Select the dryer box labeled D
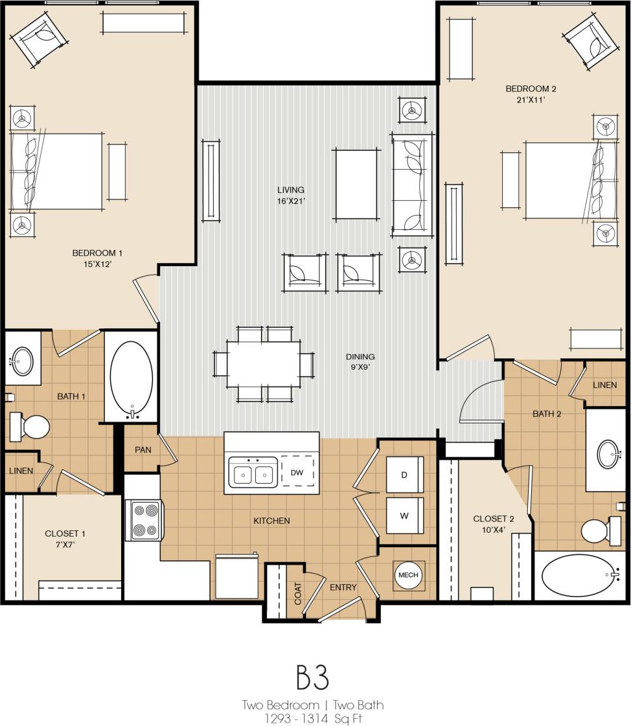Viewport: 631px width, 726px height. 404,475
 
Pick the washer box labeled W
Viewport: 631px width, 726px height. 404,516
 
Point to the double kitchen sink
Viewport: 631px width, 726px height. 253,474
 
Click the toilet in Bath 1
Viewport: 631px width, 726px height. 31,427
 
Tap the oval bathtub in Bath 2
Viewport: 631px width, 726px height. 579,575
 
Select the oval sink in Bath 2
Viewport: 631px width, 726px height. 608,453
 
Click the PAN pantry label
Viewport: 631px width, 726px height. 143,449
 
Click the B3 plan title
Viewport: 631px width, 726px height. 313,676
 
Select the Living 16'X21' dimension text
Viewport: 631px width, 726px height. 291,195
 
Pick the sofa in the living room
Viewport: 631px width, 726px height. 412,185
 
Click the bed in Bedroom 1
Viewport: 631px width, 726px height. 56,172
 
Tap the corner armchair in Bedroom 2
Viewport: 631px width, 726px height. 591,42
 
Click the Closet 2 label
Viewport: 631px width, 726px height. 494,523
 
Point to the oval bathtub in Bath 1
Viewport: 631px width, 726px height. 132,376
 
